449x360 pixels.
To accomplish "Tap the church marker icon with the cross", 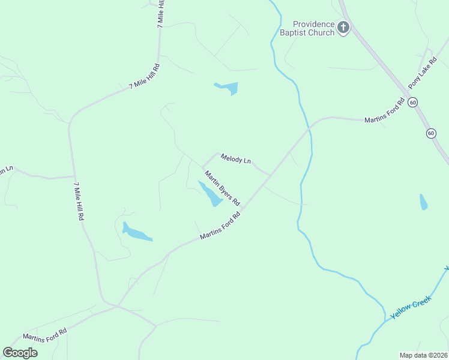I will click(x=343, y=28).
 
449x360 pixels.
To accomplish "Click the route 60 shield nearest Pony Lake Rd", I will click(x=413, y=103).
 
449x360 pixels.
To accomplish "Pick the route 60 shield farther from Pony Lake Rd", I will click(x=431, y=133).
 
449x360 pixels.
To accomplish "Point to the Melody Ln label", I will click(x=235, y=159).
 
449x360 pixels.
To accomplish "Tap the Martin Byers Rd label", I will click(x=221, y=187).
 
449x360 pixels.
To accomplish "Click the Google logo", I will click(x=20, y=352).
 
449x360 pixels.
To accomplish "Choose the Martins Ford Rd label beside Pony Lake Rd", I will click(x=385, y=111).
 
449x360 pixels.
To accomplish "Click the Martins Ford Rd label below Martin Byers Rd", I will click(x=220, y=227).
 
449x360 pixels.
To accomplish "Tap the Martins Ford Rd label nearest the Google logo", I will click(x=44, y=332).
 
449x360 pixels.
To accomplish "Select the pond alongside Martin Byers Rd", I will click(x=210, y=194).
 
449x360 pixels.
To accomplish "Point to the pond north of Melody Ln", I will click(x=229, y=88).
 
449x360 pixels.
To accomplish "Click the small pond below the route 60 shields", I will click(x=424, y=202).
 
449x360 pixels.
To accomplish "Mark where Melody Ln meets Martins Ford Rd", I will click(x=270, y=176).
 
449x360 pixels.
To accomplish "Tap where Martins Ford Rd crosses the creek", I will click(x=310, y=128).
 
